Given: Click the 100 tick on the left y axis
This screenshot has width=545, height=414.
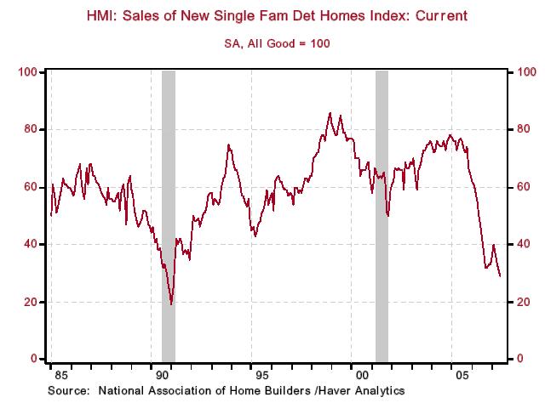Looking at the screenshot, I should click(27, 71).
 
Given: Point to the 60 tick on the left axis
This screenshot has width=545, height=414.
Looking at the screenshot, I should click(30, 186).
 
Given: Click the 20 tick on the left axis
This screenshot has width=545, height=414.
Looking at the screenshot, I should click(30, 302).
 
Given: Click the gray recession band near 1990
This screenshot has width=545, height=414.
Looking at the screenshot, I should click(169, 213).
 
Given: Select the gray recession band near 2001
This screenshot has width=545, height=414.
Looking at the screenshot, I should click(381, 213).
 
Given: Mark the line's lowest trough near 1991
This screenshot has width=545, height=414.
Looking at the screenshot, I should click(171, 303).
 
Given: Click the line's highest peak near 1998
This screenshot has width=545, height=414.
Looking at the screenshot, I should click(330, 112).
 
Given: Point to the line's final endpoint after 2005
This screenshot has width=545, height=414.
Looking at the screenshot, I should click(500, 275).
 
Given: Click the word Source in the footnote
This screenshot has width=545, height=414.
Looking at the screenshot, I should click(68, 391).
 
